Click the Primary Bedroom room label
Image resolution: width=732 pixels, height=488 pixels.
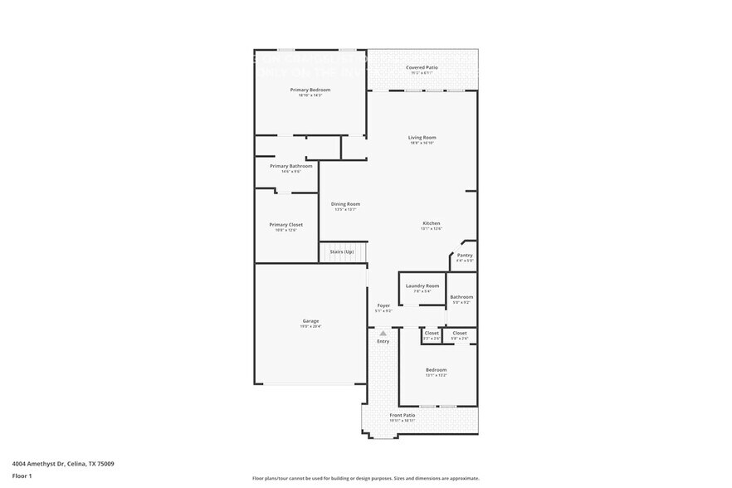310,90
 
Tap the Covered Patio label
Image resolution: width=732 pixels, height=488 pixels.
422,67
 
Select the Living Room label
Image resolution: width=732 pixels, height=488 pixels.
422,138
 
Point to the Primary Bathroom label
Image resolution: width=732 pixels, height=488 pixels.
290,166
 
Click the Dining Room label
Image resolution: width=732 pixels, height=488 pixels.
345,204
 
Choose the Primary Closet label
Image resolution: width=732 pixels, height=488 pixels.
285,225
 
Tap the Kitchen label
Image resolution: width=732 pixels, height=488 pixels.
432,223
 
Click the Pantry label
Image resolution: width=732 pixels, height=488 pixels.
465,256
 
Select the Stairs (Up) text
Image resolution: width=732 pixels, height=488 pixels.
342,251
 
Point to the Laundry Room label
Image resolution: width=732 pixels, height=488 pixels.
422,285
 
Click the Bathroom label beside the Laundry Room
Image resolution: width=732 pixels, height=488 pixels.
461,297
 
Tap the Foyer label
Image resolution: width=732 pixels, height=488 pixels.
383,305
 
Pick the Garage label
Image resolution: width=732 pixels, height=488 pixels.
310,321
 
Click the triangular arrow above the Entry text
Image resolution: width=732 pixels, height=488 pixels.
383,333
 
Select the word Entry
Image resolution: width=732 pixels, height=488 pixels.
383,341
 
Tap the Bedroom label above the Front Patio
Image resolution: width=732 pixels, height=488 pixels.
437,370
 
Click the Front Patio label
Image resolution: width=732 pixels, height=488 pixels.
403,415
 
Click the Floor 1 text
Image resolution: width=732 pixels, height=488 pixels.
22,476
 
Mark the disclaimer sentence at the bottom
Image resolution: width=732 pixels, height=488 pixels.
365,479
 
